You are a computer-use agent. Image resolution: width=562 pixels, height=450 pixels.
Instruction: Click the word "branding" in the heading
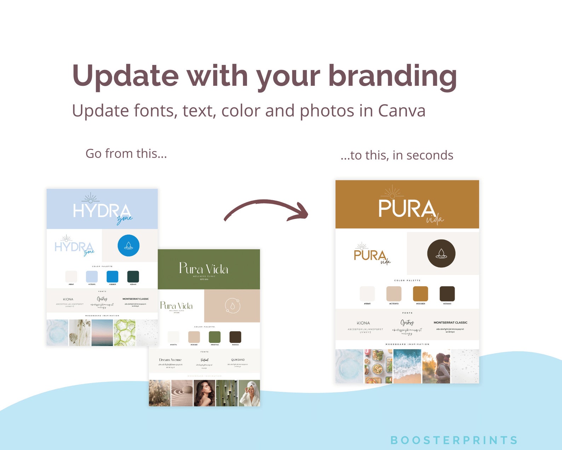392,76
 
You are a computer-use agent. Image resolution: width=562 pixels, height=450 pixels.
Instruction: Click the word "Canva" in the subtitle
402,111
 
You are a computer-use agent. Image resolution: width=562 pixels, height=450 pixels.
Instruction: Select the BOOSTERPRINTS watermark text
454,440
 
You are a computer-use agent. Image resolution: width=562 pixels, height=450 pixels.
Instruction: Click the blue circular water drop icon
128,245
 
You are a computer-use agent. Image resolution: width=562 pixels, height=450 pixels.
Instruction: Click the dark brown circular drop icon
441,253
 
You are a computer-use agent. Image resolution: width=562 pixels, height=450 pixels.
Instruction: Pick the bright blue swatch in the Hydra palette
113,276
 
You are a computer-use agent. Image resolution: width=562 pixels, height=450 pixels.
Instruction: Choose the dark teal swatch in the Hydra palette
133,276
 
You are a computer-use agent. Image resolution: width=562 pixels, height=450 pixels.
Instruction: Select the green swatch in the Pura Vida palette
214,337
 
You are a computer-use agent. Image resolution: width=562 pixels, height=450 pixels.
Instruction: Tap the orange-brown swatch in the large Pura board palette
420,294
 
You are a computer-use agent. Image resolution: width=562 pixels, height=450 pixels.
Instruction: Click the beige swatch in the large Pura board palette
394,294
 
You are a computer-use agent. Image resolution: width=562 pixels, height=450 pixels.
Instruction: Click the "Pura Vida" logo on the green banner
203,269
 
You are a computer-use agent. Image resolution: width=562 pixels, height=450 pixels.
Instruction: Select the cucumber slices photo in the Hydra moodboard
125,333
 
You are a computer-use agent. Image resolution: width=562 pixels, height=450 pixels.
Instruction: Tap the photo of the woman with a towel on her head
249,393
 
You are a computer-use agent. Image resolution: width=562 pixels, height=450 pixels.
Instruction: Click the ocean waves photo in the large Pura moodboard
407,366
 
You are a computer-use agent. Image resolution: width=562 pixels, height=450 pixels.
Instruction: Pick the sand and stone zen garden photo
182,393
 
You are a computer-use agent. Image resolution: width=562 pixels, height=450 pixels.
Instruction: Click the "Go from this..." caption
126,154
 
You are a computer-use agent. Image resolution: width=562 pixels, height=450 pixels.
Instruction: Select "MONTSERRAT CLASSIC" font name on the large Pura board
450,322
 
